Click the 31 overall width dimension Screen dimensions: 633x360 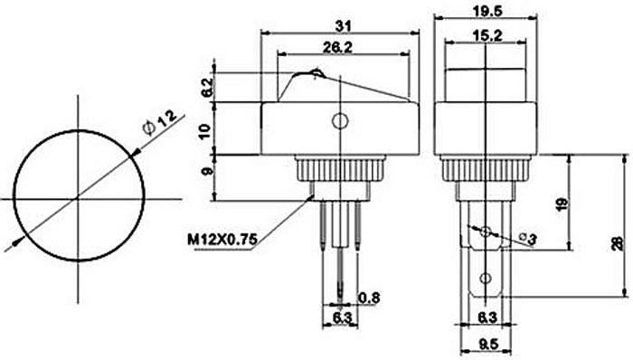pyautogui.click(x=343, y=26)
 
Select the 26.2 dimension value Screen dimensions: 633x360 pyautogui.click(x=337, y=48)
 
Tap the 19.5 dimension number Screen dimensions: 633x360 pyautogui.click(x=487, y=11)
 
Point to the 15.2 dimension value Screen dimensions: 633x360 pyautogui.click(x=487, y=36)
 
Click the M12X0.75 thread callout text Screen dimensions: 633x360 pyautogui.click(x=222, y=240)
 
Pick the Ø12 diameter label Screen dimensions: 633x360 pyautogui.click(x=159, y=123)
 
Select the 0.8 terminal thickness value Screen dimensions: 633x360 pyautogui.click(x=369, y=298)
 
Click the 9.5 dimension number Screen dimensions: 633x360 pyautogui.click(x=488, y=345)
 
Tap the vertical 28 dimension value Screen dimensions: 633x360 pyautogui.click(x=618, y=243)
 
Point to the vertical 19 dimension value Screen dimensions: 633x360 pyautogui.click(x=562, y=204)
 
